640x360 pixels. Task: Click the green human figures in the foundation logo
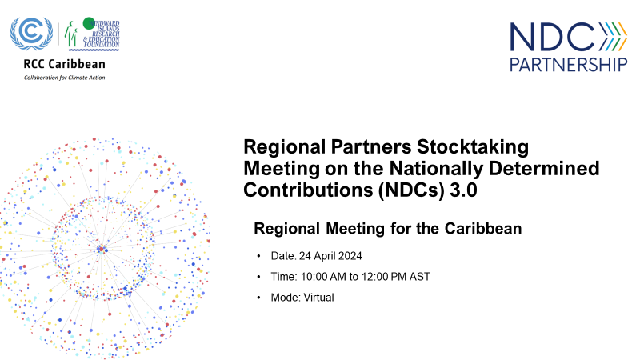(71, 35)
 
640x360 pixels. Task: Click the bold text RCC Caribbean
(58, 65)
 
